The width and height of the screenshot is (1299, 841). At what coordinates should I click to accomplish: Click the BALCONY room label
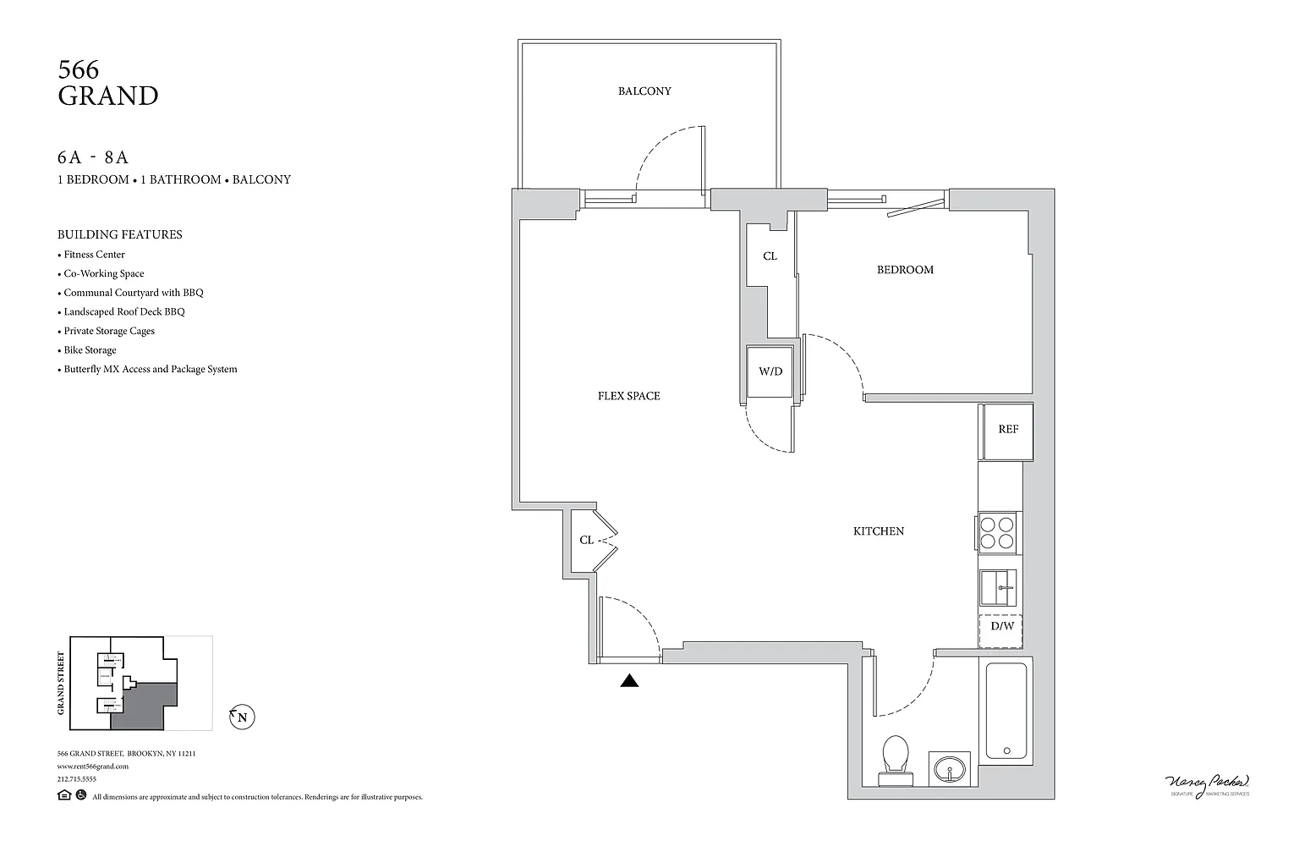tap(644, 91)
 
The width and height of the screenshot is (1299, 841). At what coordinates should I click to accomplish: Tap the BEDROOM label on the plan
tap(905, 270)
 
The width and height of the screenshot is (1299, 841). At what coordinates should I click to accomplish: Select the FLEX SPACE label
tap(628, 396)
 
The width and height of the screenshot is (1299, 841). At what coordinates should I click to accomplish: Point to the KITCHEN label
tap(879, 531)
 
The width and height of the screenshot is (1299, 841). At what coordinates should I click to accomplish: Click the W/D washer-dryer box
tap(770, 371)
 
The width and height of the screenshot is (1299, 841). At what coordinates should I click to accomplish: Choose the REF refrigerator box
tap(1007, 430)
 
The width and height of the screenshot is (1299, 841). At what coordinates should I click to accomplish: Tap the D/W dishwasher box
tap(1002, 627)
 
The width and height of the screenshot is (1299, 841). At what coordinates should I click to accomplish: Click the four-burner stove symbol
tap(998, 532)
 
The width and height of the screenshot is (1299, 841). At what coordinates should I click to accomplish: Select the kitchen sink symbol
tap(999, 586)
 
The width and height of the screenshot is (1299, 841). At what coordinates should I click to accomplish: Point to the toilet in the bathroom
tap(895, 754)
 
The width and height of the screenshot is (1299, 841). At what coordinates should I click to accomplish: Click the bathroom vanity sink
tap(951, 769)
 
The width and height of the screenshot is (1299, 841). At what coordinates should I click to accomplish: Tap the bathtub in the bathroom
tap(1006, 711)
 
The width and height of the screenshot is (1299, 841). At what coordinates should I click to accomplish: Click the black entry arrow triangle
tap(629, 680)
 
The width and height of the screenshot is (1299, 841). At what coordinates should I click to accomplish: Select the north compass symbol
tap(243, 718)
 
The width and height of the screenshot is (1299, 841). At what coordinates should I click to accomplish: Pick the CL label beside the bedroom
tap(770, 256)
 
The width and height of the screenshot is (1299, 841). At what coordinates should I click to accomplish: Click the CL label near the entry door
tap(586, 540)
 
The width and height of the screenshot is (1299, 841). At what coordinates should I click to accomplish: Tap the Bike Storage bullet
tap(90, 350)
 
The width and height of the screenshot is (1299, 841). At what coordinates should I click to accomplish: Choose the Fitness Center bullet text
tap(94, 255)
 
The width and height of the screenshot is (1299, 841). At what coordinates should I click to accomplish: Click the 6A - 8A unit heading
tap(93, 157)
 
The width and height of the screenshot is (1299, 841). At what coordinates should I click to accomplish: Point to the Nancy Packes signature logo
tap(1206, 783)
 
